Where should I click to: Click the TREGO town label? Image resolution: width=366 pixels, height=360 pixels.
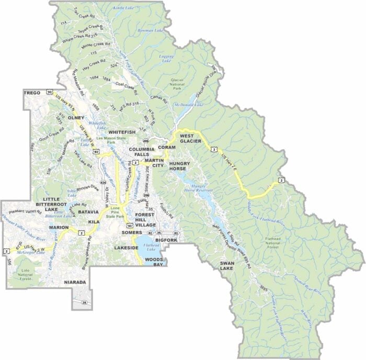(32, 93)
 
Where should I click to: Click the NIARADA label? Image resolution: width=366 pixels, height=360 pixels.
(75, 283)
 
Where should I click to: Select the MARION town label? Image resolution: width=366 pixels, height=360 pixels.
(59, 228)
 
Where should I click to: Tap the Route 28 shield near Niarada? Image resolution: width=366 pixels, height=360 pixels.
(84, 303)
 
